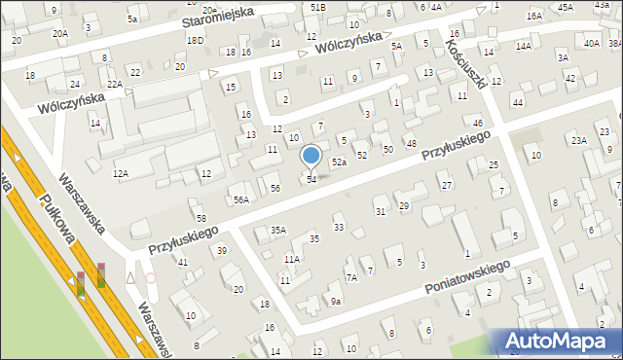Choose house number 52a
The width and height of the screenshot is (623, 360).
[339, 162]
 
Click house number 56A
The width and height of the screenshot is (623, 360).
[240, 199]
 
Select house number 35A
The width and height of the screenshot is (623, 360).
[278, 231]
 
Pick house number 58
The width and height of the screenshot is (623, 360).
[201, 218]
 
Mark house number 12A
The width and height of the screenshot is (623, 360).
[121, 173]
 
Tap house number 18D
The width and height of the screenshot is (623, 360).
[196, 40]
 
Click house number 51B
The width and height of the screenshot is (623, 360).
[318, 7]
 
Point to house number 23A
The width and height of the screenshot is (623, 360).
[580, 141]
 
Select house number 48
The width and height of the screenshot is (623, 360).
[412, 144]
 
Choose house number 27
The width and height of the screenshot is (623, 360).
[447, 185]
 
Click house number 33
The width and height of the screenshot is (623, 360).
[339, 228]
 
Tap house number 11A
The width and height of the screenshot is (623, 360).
[291, 259]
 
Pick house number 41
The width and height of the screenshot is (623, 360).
[182, 263]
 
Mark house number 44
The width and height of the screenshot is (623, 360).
[518, 102]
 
